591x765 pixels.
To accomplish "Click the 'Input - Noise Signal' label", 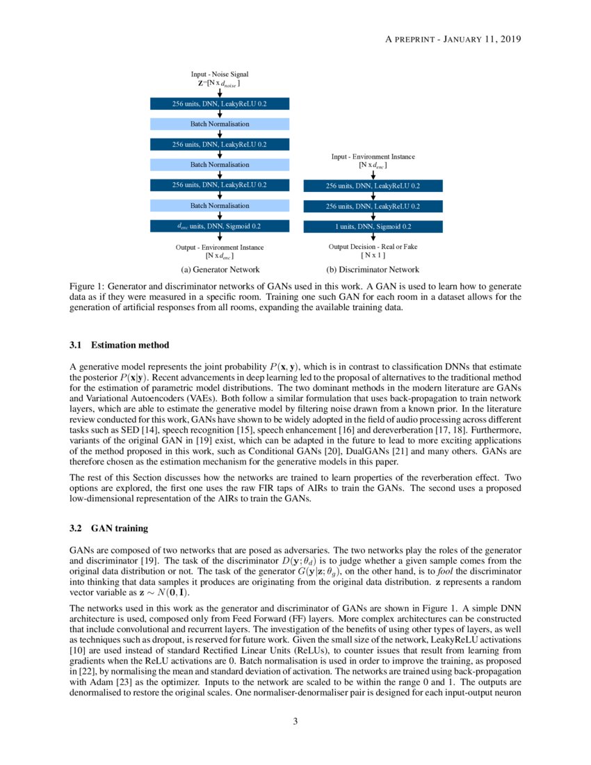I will [x=220, y=74].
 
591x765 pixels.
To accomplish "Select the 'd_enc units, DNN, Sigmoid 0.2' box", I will [x=220, y=226].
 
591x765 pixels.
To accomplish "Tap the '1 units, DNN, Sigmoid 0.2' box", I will [x=373, y=226].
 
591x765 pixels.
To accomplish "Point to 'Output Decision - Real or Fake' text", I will [x=373, y=246].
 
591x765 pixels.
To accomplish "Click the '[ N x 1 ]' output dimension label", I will [x=373, y=255].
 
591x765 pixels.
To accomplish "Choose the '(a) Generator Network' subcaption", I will [x=220, y=269].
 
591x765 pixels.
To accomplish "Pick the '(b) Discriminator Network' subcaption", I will [x=373, y=269].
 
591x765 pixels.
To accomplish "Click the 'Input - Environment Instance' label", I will [x=373, y=157].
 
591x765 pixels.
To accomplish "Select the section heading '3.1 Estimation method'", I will [x=120, y=345].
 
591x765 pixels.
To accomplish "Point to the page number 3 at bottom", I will [x=295, y=721].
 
